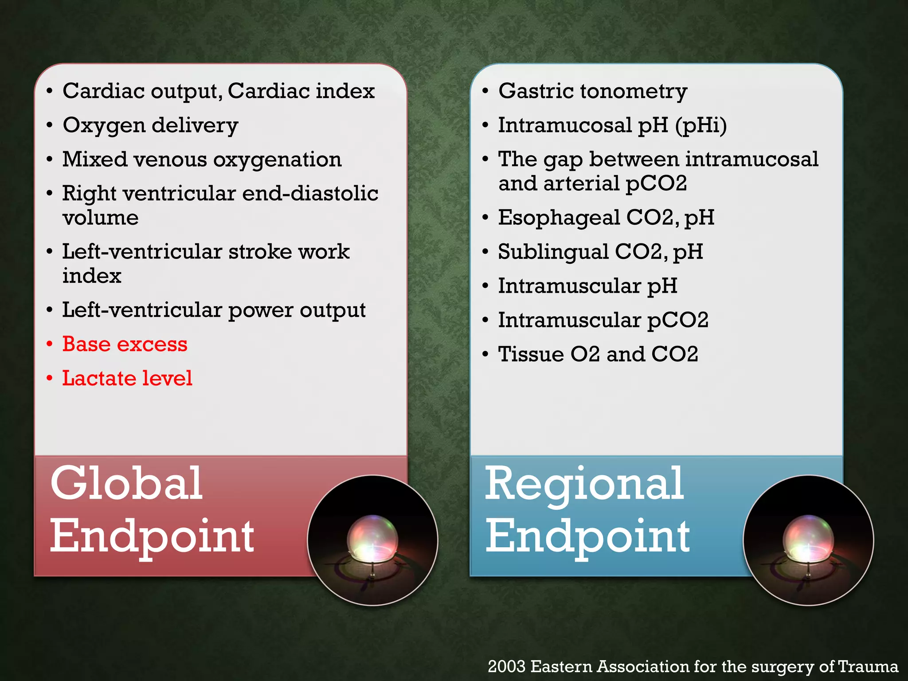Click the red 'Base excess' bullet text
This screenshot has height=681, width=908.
pos(125,344)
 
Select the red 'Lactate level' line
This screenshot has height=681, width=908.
pos(127,378)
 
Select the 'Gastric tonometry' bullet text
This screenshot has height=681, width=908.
pos(593,91)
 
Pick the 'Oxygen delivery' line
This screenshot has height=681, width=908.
pos(150,125)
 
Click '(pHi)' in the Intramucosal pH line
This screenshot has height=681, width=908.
pos(701,125)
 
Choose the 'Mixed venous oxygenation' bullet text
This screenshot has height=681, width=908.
pos(202,160)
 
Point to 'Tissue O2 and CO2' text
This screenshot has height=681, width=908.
pos(598,354)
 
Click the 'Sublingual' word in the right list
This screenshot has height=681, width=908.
pos(553,252)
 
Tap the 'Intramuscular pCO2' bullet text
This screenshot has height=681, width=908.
pos(603,320)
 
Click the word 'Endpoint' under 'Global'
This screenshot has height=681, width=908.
pos(152,536)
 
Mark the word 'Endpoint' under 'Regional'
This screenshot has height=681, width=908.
pos(588,536)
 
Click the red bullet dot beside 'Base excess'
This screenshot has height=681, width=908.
pos(50,344)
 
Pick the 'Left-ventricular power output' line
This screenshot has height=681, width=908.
pos(214,310)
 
